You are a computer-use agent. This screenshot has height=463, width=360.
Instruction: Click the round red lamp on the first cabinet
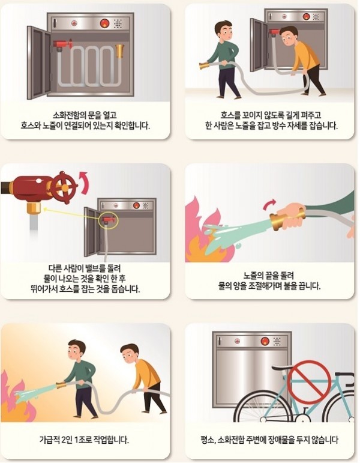104,23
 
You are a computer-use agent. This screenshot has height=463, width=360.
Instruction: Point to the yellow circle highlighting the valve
109,220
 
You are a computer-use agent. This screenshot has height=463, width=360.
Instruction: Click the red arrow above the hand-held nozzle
270,204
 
